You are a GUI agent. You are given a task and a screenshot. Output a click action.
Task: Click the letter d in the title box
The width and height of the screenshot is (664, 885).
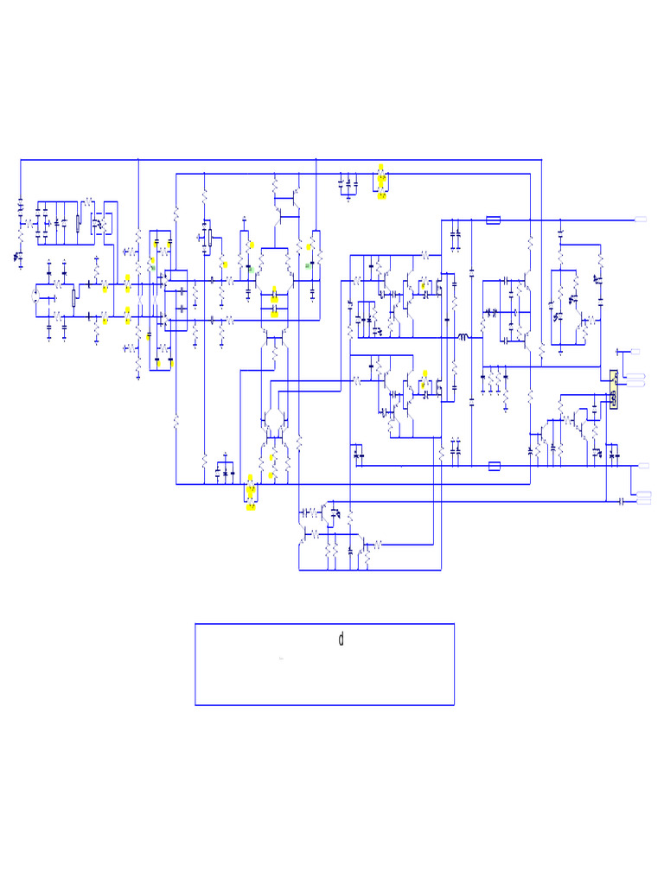[x=342, y=640]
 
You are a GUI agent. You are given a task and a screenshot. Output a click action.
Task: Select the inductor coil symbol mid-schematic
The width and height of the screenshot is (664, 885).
[x=463, y=337]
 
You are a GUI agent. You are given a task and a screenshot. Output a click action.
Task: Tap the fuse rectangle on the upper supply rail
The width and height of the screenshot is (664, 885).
[x=494, y=220]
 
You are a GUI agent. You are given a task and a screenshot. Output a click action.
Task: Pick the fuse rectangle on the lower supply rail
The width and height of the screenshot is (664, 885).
[x=494, y=466]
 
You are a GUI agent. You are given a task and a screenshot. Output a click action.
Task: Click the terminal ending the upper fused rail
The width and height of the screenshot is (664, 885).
[x=641, y=220]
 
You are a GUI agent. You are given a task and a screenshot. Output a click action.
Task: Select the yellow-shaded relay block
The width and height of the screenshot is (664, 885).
[x=613, y=390]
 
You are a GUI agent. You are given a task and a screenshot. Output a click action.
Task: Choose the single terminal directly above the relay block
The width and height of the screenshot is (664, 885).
[x=636, y=352]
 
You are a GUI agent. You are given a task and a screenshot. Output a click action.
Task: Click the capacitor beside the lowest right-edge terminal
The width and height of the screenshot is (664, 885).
[x=622, y=500]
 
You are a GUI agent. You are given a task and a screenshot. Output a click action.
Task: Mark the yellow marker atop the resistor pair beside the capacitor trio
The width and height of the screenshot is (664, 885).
[x=381, y=166]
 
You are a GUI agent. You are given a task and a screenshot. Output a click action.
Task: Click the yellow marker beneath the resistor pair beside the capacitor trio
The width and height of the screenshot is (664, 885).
[x=381, y=196]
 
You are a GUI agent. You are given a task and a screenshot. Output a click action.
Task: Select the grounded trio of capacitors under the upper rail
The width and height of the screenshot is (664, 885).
[x=348, y=184]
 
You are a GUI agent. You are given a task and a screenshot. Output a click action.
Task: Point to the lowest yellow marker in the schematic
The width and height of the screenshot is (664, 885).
[x=251, y=507]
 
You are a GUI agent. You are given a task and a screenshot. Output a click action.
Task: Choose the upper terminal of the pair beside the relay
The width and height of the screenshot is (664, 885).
[x=637, y=375]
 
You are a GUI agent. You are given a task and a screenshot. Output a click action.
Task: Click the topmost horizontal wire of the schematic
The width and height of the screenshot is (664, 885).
[x=277, y=160]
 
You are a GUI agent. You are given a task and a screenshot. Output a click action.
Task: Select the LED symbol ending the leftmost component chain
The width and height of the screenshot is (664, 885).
[x=18, y=257]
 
